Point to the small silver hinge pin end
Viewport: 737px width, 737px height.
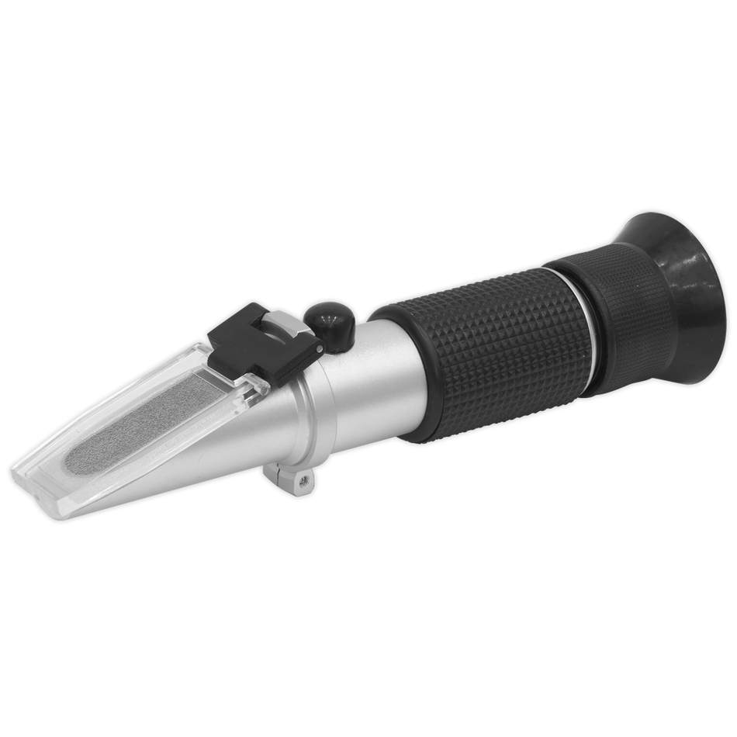coord(319,351)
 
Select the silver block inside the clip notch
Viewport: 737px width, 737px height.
coord(284,326)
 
